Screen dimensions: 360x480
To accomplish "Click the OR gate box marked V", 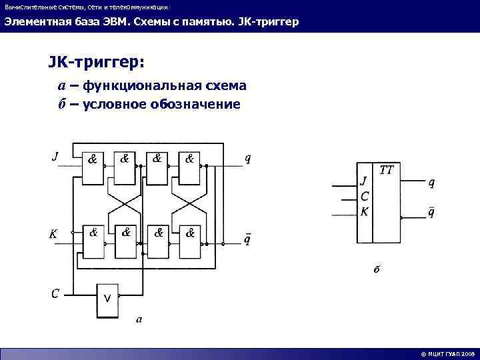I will (x=107, y=297).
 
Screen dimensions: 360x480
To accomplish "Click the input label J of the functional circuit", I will (x=55, y=157).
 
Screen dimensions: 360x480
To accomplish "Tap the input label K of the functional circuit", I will (x=53, y=234).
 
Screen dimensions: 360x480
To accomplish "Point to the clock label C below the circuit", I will (x=56, y=293).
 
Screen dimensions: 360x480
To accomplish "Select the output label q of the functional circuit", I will (x=248, y=158).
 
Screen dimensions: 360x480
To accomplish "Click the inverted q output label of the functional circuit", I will (x=248, y=238).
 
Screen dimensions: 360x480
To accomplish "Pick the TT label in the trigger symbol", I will (x=386, y=171).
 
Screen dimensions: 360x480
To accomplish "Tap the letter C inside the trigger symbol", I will (x=364, y=197).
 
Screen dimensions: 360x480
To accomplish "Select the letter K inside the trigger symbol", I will (x=364, y=211).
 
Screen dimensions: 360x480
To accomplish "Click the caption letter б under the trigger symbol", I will (x=376, y=269).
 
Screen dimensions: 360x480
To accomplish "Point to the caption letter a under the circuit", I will (x=139, y=319).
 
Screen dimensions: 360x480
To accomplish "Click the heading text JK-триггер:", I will (x=95, y=62).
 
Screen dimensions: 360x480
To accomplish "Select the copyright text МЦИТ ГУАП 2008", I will (x=447, y=354).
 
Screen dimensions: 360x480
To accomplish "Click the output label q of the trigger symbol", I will (x=431, y=181).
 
